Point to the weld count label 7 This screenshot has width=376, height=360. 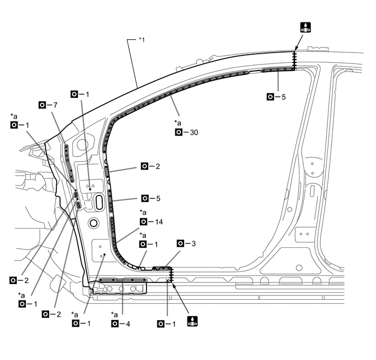pyautogui.click(x=55, y=104)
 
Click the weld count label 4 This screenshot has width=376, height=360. pyautogui.click(x=127, y=323)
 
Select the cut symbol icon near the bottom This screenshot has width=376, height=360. pyautogui.click(x=192, y=322)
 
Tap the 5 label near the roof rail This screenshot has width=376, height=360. pyautogui.click(x=283, y=97)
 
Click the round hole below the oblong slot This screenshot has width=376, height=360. pyautogui.click(x=93, y=223)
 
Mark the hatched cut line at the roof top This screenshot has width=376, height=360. pyautogui.click(x=294, y=60)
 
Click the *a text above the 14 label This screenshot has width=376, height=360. pyautogui.click(x=143, y=212)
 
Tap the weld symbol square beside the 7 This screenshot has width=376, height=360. pyautogui.click(x=43, y=104)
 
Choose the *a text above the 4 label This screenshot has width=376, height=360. pyautogui.click(x=115, y=315)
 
